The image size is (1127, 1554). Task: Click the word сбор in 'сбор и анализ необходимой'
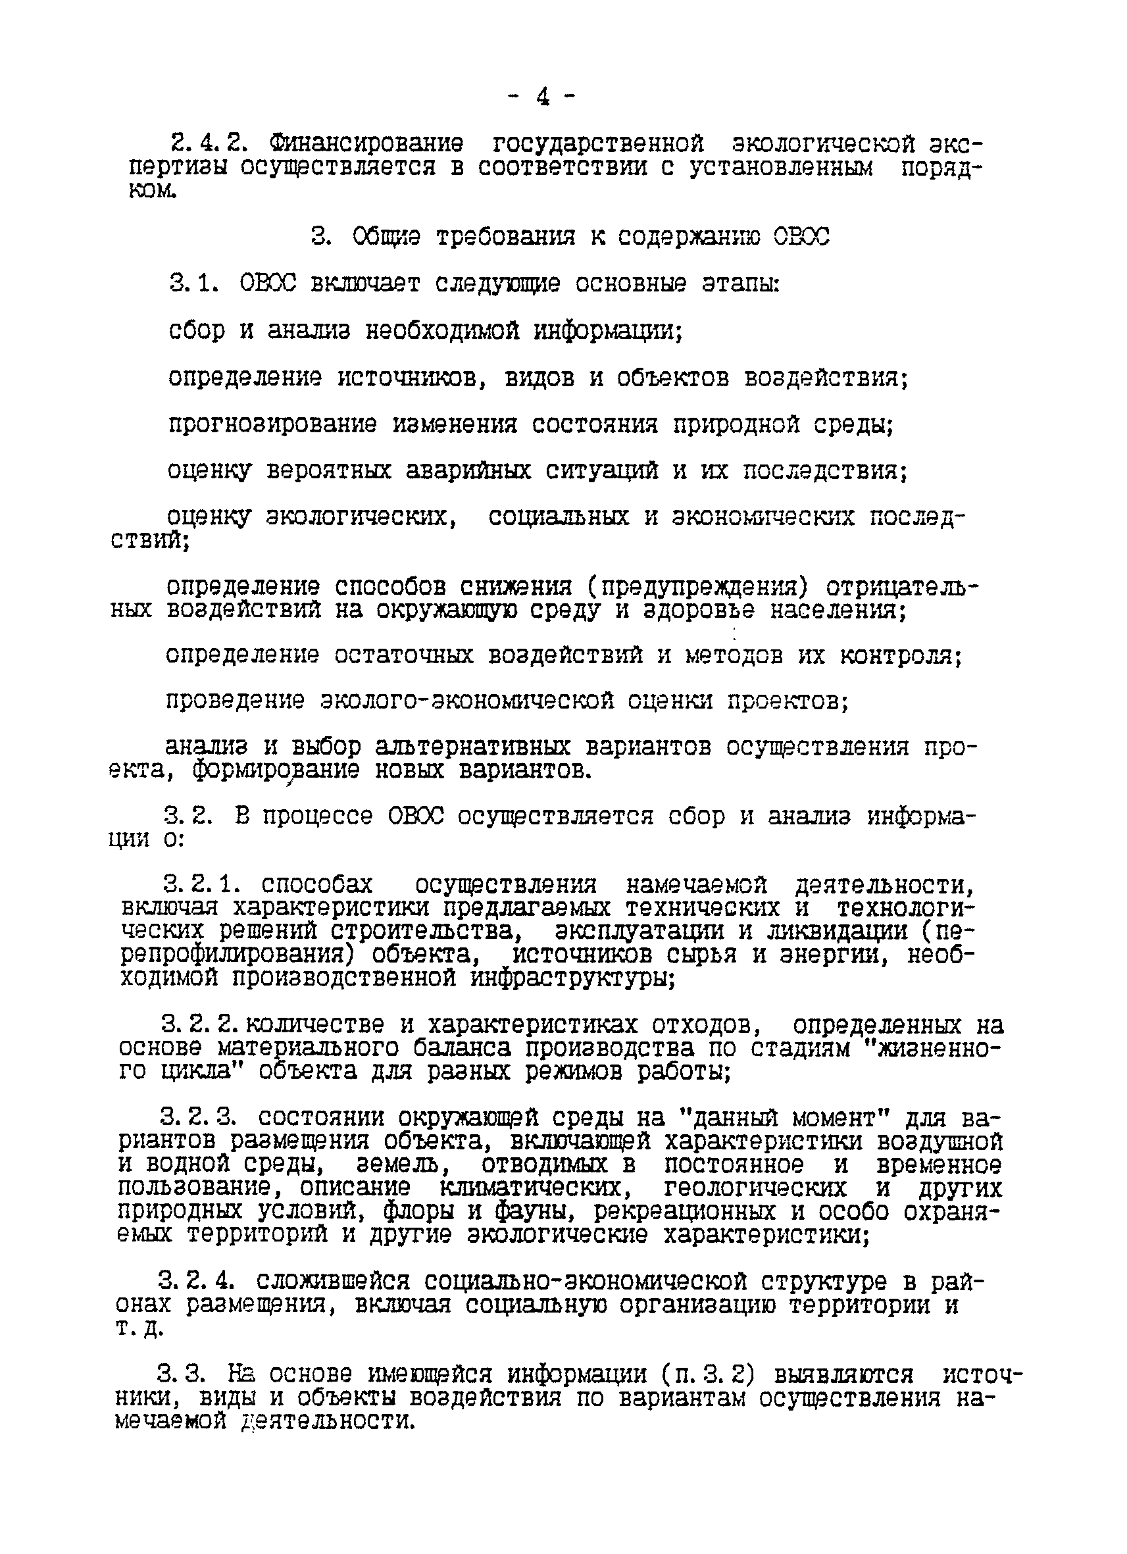[197, 331]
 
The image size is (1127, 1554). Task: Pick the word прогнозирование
[272, 425]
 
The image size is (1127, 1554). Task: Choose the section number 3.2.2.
[201, 1025]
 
